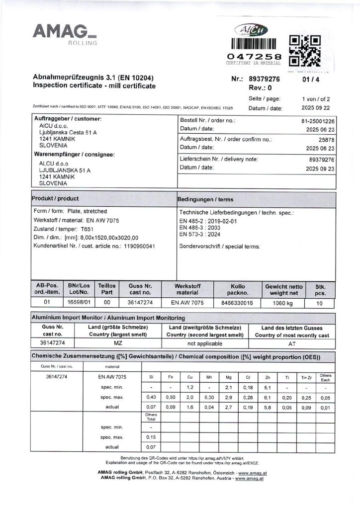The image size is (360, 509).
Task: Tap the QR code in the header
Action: click(x=304, y=51)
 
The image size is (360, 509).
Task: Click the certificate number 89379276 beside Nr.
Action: click(x=264, y=79)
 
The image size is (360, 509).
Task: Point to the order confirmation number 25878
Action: click(x=327, y=140)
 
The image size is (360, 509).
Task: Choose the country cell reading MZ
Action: click(x=118, y=343)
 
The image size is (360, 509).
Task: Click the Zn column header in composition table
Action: click(x=268, y=377)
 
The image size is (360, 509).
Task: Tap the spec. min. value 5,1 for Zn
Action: click(x=268, y=387)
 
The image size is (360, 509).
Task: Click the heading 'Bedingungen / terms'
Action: click(x=205, y=199)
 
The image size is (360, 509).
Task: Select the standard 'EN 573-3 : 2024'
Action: click(x=200, y=234)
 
